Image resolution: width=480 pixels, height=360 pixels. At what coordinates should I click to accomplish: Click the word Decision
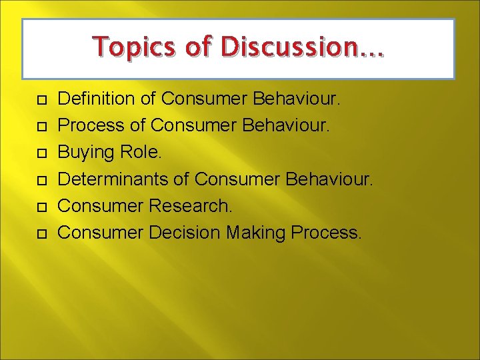[x=185, y=233]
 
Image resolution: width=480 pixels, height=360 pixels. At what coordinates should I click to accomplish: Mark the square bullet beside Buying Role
[x=41, y=153]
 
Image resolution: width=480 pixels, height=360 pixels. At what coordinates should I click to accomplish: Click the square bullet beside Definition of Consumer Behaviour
[x=41, y=100]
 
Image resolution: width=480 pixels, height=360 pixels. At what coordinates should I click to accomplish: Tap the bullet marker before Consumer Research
[x=41, y=207]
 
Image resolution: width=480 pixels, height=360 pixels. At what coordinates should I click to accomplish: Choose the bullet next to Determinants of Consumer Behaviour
[x=41, y=180]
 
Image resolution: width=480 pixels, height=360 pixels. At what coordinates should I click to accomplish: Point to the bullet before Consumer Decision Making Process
[x=41, y=233]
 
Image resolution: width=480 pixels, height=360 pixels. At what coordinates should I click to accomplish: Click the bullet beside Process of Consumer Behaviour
[x=41, y=127]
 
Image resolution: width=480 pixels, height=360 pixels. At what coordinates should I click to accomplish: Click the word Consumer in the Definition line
[x=205, y=99]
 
